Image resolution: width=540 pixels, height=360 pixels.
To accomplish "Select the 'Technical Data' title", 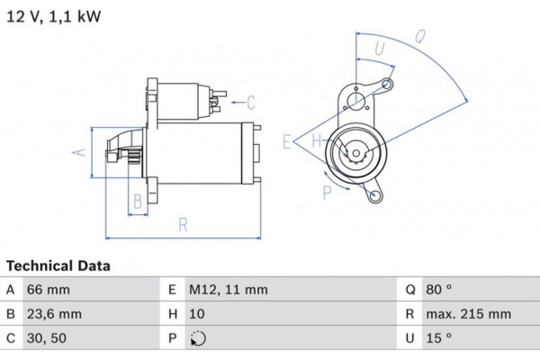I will pos(58,266).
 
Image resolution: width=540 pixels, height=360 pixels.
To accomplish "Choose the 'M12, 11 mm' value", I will pos(229,290).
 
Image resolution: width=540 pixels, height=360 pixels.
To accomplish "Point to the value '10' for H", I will pos(196,315).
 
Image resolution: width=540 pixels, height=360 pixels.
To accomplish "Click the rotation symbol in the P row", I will pos(198,339).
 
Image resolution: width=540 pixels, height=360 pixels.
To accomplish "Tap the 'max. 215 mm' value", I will pos(469,315).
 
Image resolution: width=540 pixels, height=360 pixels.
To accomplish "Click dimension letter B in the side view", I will pos(138,200).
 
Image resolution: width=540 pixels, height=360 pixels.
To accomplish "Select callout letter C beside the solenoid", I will pos(252,101).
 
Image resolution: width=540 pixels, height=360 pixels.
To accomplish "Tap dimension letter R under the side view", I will pos(183,225).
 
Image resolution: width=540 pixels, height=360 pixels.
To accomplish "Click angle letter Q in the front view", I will pos(419,37).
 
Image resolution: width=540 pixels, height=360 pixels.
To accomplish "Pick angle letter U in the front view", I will pos(378,49).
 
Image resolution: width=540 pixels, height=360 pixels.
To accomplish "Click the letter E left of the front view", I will pos(286,141).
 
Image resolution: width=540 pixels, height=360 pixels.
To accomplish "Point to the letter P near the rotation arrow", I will pos(327,191).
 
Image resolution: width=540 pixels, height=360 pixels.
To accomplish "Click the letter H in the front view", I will pos(317,141).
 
